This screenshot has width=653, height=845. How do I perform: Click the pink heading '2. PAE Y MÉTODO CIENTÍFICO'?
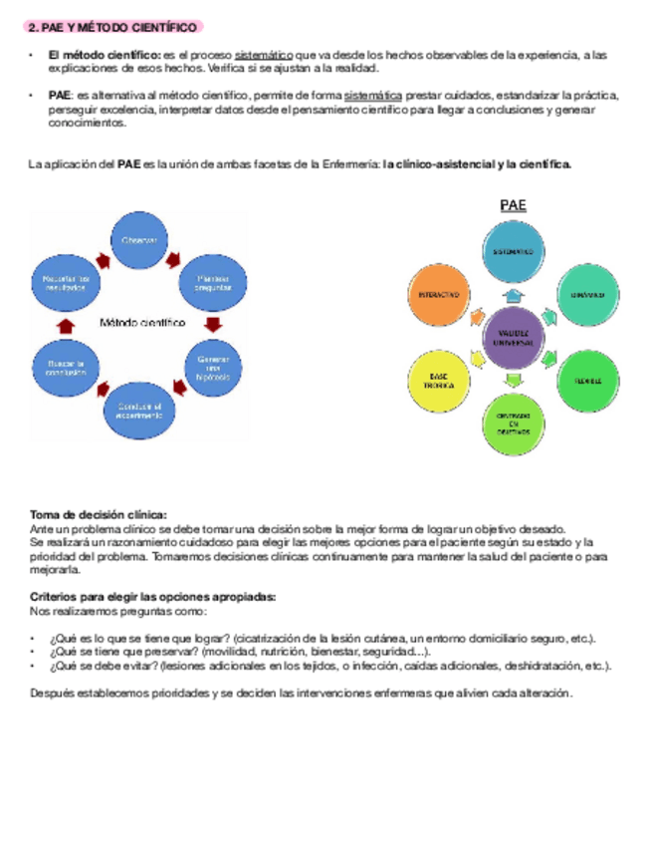[x=113, y=26]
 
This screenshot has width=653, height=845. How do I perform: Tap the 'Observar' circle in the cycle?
[x=139, y=243]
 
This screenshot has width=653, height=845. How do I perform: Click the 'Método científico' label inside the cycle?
[x=141, y=323]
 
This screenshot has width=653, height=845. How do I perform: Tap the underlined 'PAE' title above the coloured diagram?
[x=513, y=206]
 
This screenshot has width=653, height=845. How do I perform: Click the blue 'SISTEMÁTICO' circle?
[x=515, y=252]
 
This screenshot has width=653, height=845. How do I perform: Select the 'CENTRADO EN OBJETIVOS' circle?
[x=515, y=422]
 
